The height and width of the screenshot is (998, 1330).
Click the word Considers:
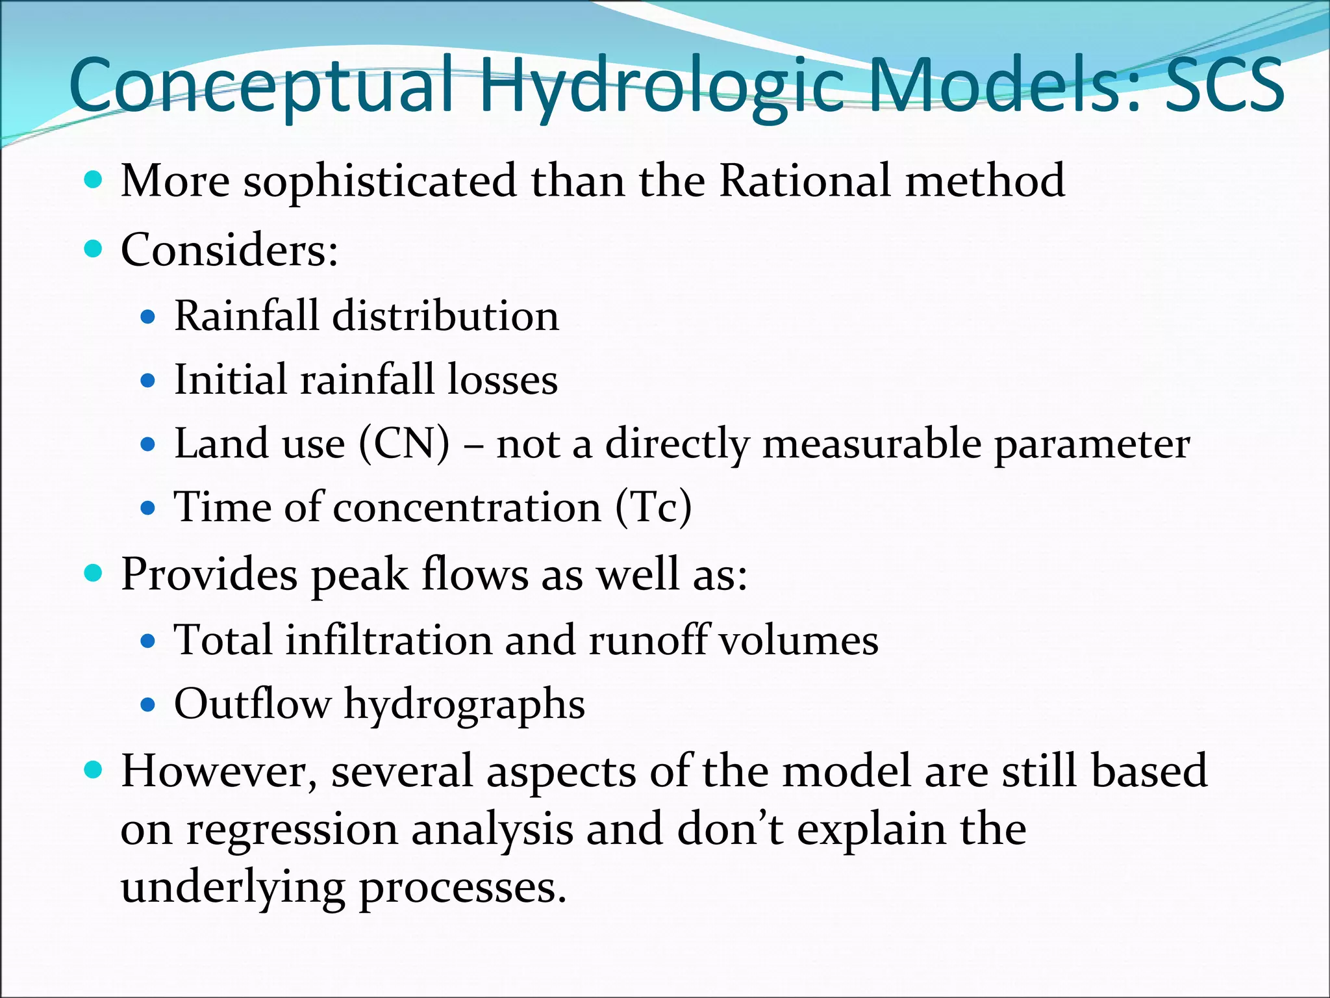229,249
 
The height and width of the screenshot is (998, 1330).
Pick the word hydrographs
464,706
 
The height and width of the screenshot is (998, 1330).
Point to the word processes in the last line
462,889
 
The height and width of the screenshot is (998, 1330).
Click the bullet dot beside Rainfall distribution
148,317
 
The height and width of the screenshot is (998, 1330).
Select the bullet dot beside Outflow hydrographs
148,704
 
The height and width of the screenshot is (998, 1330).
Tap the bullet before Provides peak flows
94,573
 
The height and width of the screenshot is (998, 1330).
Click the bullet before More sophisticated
94,179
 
